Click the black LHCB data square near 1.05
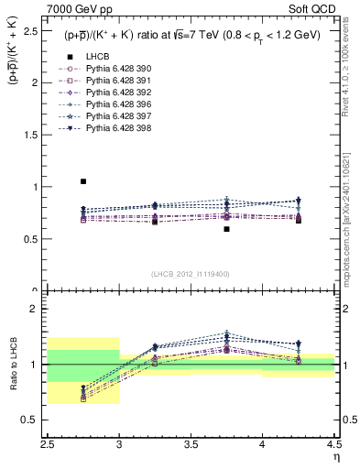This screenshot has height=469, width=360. point(83,181)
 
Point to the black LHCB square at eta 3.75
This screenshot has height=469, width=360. point(226,229)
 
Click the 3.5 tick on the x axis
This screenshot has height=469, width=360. point(191,443)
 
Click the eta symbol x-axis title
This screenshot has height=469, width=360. point(336,455)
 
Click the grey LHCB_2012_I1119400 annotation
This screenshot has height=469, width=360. point(191,274)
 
